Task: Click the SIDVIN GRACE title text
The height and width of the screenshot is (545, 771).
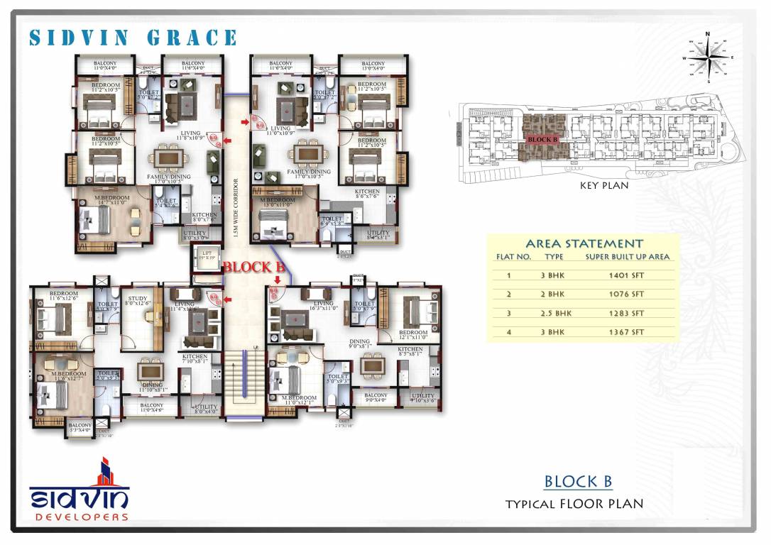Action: pos(133,38)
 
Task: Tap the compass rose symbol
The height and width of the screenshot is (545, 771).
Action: pos(708,57)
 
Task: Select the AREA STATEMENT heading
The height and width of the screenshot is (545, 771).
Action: pos(584,243)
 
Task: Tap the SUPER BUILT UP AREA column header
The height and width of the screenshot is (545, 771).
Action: pos(628,257)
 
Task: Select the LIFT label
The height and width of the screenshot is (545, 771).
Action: pos(207,253)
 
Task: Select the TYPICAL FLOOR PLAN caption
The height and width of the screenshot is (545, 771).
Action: pos(574,505)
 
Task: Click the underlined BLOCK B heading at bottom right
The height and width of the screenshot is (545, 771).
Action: pos(578,482)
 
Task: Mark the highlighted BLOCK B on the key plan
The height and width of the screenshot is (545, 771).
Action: pos(543,140)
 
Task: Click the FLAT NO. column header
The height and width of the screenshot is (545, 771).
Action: pos(513,257)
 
